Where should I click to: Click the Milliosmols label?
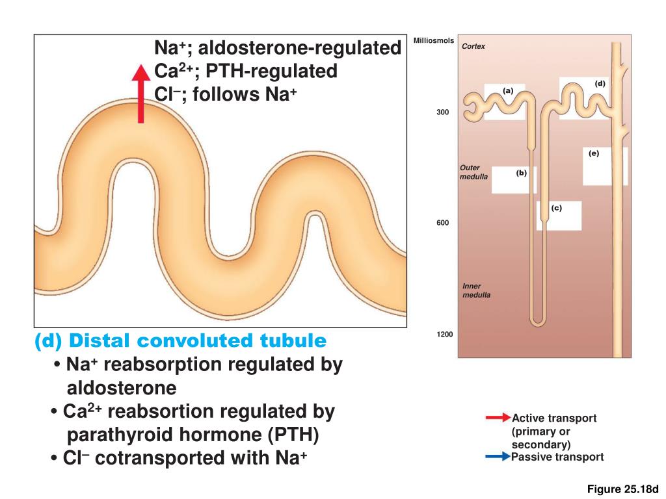[x=433, y=41]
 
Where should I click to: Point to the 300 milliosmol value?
[x=442, y=112]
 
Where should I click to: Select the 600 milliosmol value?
[x=442, y=223]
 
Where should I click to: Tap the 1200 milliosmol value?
[x=445, y=334]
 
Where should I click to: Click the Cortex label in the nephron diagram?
[x=473, y=47]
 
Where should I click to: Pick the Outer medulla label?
[x=473, y=172]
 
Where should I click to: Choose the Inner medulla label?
[x=476, y=290]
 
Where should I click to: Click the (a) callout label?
[x=508, y=91]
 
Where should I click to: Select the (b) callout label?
[x=521, y=173]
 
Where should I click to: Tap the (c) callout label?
[x=556, y=208]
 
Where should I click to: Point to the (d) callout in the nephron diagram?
[x=600, y=84]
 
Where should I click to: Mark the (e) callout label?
[x=594, y=154]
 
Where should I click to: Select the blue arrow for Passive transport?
[x=498, y=457]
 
